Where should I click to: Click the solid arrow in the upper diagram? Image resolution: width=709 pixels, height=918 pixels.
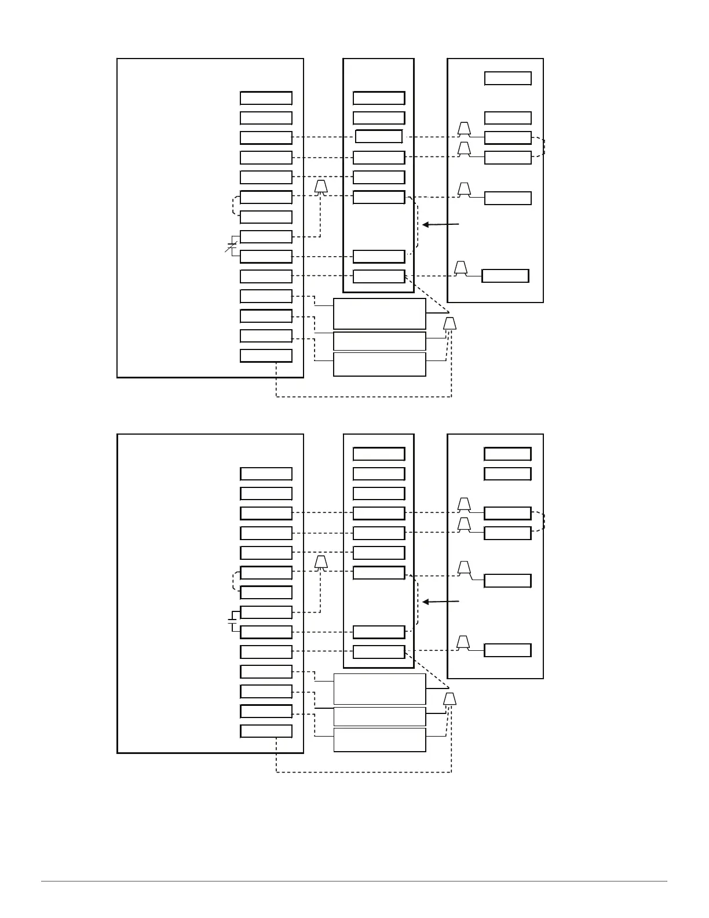(441, 224)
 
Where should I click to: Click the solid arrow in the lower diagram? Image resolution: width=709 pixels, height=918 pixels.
(441, 602)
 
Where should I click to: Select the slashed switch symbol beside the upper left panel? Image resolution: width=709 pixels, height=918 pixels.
(232, 246)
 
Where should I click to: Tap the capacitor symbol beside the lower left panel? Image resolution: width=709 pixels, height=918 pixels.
(232, 621)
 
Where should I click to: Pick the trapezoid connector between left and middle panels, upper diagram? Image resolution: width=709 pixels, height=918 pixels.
(321, 187)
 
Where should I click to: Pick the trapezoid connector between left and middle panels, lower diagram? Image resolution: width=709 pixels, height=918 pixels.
(321, 562)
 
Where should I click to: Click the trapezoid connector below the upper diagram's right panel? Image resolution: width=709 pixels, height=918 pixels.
(450, 323)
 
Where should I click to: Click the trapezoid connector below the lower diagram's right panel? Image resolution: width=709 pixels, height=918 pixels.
(450, 699)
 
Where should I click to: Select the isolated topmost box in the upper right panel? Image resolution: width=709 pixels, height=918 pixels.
(508, 78)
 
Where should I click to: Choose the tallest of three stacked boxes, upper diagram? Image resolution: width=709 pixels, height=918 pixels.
(379, 314)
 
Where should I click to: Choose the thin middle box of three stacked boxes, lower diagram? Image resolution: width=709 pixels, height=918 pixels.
(379, 716)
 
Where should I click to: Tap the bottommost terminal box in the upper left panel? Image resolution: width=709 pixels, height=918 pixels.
(266, 356)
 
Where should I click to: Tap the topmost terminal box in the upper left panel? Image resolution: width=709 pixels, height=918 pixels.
(266, 98)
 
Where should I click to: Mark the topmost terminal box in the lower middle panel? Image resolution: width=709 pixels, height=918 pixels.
(379, 454)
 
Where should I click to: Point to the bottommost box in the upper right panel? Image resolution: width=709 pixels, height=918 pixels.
(505, 276)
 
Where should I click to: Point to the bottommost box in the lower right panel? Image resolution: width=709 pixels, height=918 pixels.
(507, 650)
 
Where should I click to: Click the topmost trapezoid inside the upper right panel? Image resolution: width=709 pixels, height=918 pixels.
(464, 128)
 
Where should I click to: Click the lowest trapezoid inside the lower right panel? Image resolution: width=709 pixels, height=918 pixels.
(463, 642)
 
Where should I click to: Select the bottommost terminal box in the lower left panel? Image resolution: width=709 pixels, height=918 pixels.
(266, 731)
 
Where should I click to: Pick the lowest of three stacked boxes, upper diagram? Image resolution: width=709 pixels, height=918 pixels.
(379, 365)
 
